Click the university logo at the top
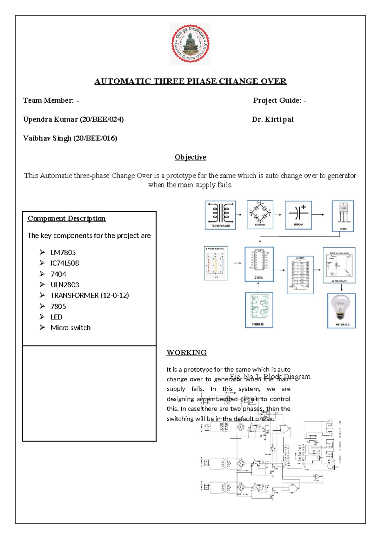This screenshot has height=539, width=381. click(x=190, y=44)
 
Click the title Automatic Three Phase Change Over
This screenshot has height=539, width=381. click(x=190, y=81)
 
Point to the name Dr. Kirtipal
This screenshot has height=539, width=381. click(x=272, y=119)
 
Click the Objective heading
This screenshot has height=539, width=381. click(x=190, y=157)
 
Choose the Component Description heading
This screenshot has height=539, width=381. click(x=66, y=219)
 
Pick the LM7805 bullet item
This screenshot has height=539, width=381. click(x=63, y=253)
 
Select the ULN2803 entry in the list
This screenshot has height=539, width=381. click(x=65, y=285)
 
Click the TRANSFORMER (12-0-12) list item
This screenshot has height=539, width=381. click(x=90, y=296)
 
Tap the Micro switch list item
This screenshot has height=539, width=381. click(x=70, y=328)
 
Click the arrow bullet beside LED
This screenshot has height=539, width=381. click(x=42, y=317)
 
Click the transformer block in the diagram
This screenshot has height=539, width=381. click(x=220, y=215)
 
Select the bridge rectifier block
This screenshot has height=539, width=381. click(x=260, y=215)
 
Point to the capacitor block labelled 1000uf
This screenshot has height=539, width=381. click(x=298, y=215)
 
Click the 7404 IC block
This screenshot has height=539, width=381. click(x=259, y=264)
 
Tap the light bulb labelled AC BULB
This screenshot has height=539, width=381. click(x=341, y=310)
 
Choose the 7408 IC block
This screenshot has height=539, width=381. click(x=259, y=310)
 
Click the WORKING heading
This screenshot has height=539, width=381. click(x=187, y=352)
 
